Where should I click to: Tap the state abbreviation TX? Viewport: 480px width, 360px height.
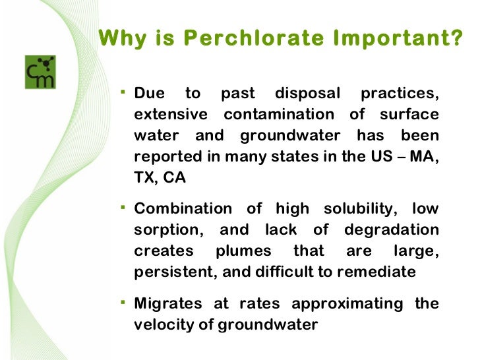pos(146,179)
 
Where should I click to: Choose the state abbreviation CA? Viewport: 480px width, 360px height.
pos(175,179)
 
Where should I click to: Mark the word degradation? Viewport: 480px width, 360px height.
pos(392,230)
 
